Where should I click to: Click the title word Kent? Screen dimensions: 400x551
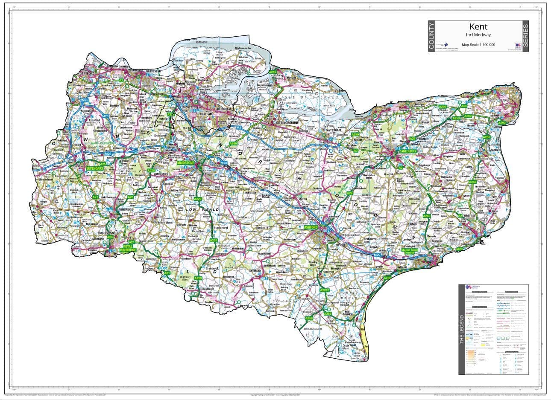tap(478, 27)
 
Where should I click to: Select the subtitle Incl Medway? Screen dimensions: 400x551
tap(478, 35)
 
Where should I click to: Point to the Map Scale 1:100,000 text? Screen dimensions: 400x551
tap(478, 45)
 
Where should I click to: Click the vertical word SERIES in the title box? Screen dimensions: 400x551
tap(525, 36)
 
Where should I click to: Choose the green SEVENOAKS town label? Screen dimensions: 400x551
tap(95, 168)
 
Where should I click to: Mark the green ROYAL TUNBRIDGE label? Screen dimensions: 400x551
tap(127, 249)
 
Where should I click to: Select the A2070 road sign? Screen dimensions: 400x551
tap(325, 290)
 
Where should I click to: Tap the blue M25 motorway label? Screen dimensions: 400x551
tap(85, 100)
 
